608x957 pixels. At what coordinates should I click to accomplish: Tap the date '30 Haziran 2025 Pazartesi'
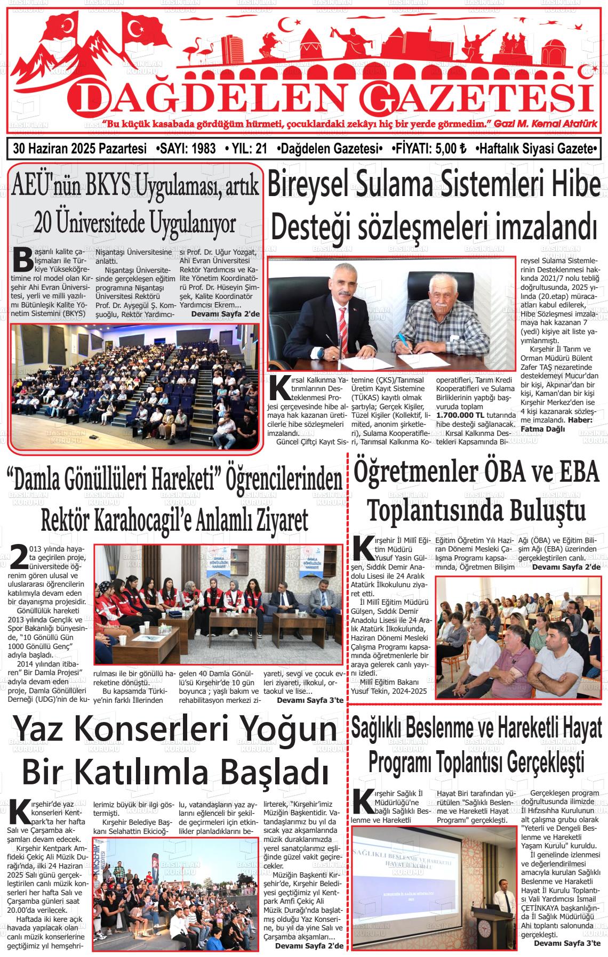tap(80, 149)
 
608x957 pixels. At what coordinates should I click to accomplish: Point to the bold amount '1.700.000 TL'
tap(460, 415)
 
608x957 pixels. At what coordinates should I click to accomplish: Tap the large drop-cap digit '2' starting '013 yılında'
tap(20, 557)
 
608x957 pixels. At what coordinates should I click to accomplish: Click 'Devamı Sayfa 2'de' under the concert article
tap(309, 946)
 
